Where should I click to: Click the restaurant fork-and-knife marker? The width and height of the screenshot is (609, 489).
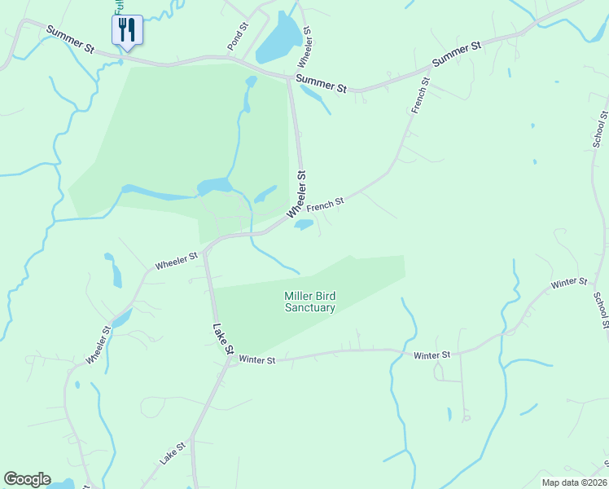126,30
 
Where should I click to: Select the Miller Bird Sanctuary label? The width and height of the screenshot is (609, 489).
309,302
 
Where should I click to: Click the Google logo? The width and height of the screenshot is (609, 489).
27,479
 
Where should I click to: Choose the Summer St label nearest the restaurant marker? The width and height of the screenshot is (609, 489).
71,40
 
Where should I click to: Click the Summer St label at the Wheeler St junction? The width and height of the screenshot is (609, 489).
322,81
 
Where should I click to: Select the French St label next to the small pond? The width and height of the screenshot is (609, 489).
326,203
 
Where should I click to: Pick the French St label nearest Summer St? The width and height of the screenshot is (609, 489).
420,95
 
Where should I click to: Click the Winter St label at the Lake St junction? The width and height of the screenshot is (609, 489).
258,359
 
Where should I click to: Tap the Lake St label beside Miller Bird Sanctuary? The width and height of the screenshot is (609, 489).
222,339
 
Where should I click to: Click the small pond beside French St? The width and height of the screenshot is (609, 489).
303,224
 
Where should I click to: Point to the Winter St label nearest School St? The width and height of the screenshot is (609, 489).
568,283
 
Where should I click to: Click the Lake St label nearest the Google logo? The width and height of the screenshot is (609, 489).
173,453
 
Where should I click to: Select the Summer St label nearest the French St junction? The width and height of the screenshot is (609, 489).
456,54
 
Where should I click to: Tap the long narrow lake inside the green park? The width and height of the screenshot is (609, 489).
163,193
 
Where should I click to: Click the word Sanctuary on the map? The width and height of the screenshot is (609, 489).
309,308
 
